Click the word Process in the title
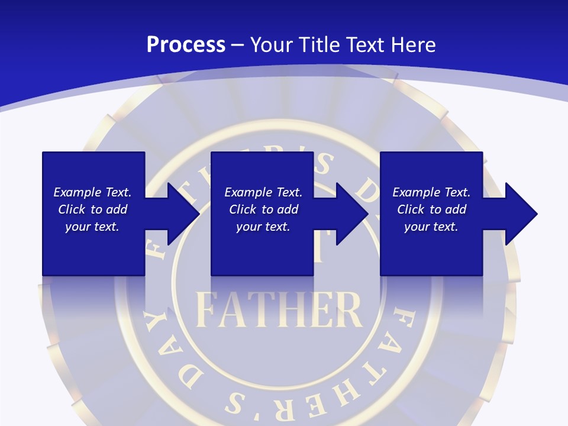pyautogui.click(x=186, y=45)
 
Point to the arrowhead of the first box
pyautogui.click(x=183, y=214)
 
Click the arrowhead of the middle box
pyautogui.click(x=353, y=214)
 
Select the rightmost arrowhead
pyautogui.click(x=522, y=214)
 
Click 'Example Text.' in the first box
pyautogui.click(x=92, y=192)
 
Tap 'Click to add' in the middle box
pyautogui.click(x=263, y=209)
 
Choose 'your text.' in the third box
pyautogui.click(x=431, y=227)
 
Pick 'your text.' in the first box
pyautogui.click(x=92, y=227)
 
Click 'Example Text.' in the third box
pyautogui.click(x=431, y=192)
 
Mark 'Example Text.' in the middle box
pyautogui.click(x=263, y=192)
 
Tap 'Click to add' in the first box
pyautogui.click(x=92, y=209)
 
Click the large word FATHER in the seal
pyautogui.click(x=278, y=309)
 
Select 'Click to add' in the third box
pyautogui.click(x=431, y=209)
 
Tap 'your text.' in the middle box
pyautogui.click(x=263, y=227)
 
